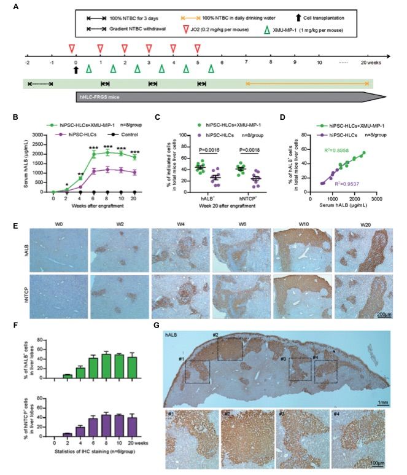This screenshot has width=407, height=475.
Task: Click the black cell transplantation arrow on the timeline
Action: [x=76, y=70]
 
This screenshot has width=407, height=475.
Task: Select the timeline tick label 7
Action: [x=246, y=62]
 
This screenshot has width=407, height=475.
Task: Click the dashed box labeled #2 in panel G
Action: [x=230, y=350]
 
